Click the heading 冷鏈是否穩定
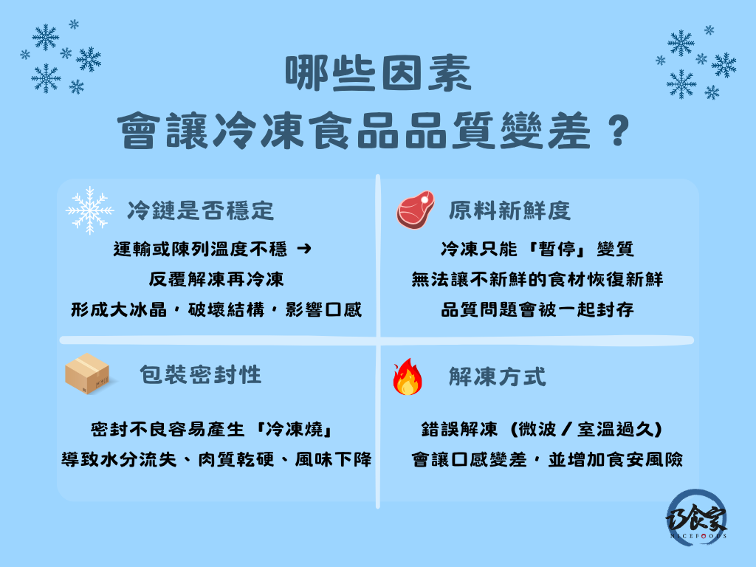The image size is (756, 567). [x=200, y=211]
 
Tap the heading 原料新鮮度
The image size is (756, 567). [x=509, y=211]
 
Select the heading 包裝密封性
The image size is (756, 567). [x=201, y=374]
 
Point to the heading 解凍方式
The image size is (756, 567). [x=498, y=377]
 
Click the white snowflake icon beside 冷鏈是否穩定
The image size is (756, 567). [x=90, y=210]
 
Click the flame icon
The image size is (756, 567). [x=408, y=377]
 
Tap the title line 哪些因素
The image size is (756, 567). [x=377, y=76]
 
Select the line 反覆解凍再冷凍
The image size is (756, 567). [x=212, y=280]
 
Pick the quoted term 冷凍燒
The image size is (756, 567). [x=294, y=430]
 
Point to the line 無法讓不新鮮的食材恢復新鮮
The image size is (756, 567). [x=537, y=280]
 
